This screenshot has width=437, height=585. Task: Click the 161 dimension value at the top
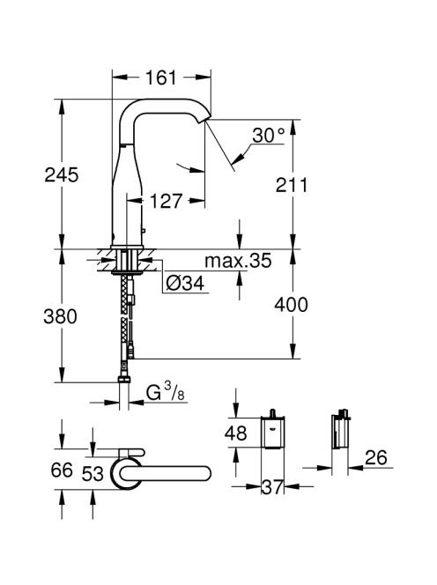[x=161, y=78]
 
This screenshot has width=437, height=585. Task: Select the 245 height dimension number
[x=62, y=174]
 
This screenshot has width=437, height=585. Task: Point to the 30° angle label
[x=269, y=135]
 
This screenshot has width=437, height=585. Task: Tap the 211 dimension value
[x=292, y=185]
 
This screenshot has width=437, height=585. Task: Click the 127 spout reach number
[x=166, y=201]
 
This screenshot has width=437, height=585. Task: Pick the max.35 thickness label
[x=238, y=261]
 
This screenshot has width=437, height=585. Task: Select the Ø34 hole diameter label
[x=186, y=284]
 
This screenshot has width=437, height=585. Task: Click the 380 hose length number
[x=61, y=316]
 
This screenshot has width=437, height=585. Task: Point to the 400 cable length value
[x=291, y=305]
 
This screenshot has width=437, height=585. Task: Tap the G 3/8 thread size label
[x=166, y=393]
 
